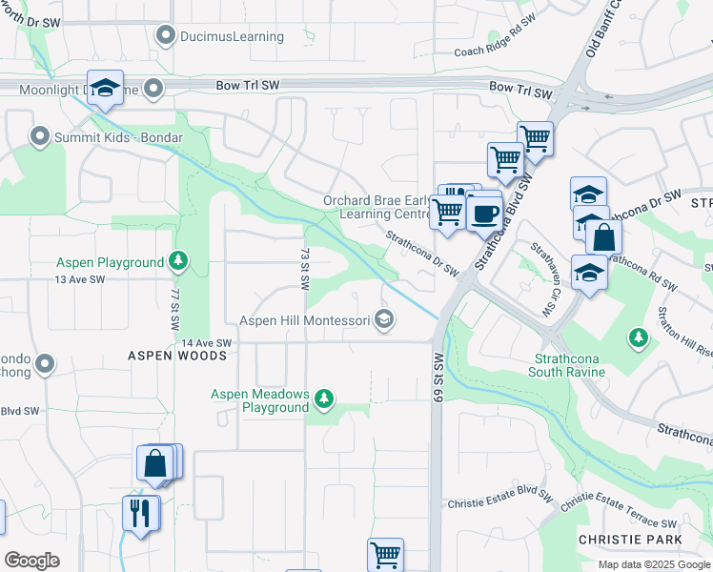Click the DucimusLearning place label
(x=234, y=36)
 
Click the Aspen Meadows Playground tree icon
(x=324, y=398)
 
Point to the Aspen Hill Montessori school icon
(x=384, y=319)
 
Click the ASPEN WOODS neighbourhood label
(x=178, y=356)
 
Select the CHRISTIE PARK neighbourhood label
(x=630, y=540)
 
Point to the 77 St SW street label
(x=175, y=310)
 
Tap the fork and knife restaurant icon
(x=141, y=513)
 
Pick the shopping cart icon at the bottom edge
(x=385, y=554)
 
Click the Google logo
(x=31, y=561)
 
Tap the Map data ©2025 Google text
(x=653, y=564)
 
